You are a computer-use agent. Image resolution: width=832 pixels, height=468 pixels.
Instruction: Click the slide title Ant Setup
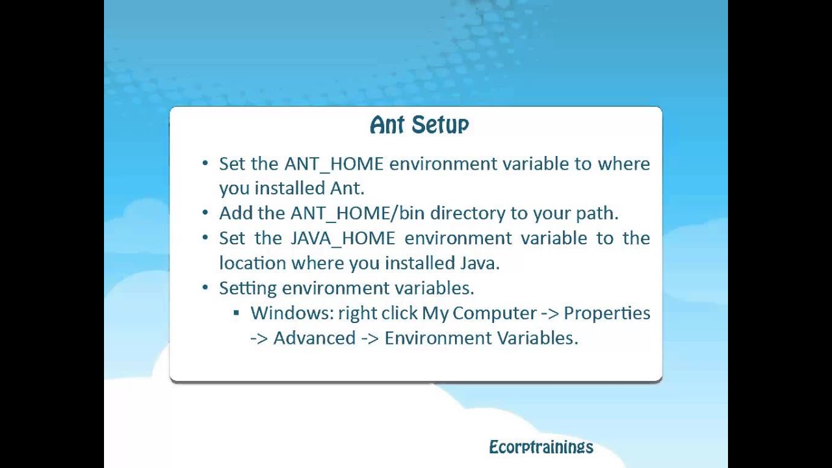[419, 125]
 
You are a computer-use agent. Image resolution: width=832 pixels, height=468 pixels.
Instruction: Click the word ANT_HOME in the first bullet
[333, 164]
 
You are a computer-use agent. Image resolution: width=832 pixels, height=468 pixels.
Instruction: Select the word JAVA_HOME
[343, 238]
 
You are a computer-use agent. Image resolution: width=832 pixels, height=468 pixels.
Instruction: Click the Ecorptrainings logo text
[541, 447]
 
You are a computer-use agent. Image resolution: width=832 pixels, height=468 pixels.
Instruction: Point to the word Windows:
[292, 313]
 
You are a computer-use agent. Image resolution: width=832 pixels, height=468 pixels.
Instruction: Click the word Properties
[606, 313]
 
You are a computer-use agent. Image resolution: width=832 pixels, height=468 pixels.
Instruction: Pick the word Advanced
[314, 338]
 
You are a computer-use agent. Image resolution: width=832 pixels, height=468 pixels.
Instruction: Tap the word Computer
[494, 313]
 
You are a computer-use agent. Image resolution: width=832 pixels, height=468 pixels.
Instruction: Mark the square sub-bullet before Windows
[236, 313]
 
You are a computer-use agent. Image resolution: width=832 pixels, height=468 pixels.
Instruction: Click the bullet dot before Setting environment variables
[205, 288]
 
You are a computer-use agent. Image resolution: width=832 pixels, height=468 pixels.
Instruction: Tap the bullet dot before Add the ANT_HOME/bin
[205, 213]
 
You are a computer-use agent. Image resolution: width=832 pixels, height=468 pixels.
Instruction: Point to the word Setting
[248, 288]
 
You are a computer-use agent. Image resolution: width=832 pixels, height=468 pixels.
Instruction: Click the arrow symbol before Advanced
[259, 338]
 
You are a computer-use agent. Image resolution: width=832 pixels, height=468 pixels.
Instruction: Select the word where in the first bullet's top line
[623, 164]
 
